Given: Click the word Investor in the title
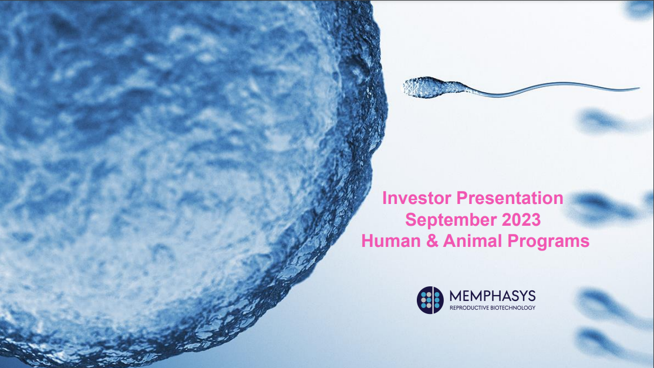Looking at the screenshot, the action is (x=417, y=198).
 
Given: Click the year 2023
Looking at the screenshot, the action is (x=521, y=220).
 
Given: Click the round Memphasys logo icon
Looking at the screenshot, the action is (x=430, y=299).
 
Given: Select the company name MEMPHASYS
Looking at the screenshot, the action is (x=493, y=296).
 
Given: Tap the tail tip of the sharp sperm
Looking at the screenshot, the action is (x=639, y=89).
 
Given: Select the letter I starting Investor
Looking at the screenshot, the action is (x=385, y=198).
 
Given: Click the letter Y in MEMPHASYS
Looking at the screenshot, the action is (x=520, y=296).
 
